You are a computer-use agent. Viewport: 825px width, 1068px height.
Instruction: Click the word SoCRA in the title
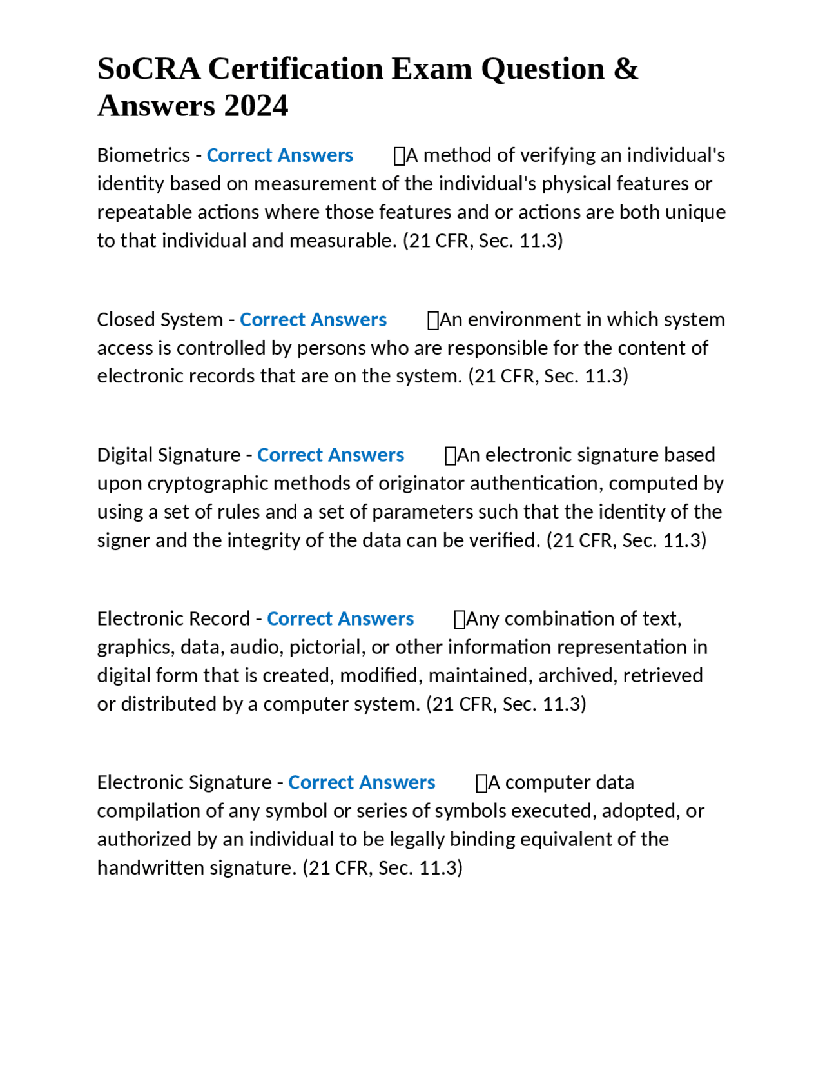pyautogui.click(x=149, y=69)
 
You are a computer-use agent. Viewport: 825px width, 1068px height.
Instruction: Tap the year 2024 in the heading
pyautogui.click(x=257, y=106)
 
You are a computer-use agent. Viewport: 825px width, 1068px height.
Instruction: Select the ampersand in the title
pyautogui.click(x=625, y=69)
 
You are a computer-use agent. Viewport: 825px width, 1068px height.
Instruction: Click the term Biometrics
pyautogui.click(x=143, y=155)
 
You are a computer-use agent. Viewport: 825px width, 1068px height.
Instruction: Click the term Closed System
pyautogui.click(x=160, y=320)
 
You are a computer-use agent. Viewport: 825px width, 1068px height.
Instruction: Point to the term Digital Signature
pyautogui.click(x=169, y=455)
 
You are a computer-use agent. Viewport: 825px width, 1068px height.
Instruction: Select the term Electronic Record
pyautogui.click(x=173, y=619)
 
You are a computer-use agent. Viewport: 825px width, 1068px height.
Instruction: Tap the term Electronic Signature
pyautogui.click(x=184, y=783)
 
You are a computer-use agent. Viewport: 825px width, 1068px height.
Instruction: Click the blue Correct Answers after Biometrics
pyautogui.click(x=280, y=155)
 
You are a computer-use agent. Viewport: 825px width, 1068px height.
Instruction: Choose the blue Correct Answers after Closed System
pyautogui.click(x=313, y=320)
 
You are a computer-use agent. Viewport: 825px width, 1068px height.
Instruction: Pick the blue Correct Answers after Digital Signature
pyautogui.click(x=331, y=455)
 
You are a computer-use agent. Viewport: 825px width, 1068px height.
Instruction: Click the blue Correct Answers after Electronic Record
pyautogui.click(x=340, y=619)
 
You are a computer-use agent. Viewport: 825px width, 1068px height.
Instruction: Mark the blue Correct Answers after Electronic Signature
pyautogui.click(x=362, y=783)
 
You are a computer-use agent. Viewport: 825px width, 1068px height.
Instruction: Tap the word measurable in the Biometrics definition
pyautogui.click(x=342, y=241)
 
